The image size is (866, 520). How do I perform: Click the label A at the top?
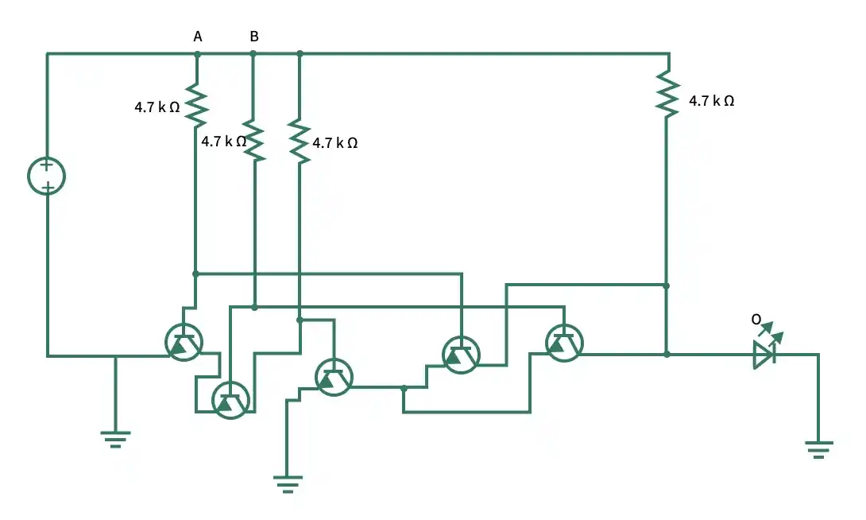point(198,37)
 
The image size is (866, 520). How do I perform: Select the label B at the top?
point(254,37)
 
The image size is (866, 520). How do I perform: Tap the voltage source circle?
point(46,177)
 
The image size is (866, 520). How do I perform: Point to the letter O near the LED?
point(756,320)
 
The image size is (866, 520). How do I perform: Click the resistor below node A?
point(196,105)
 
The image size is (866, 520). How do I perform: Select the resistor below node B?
point(254,141)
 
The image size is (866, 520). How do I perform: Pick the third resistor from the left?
point(300,142)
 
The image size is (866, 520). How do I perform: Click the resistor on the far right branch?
point(667,95)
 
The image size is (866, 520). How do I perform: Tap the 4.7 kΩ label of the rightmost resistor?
point(711,100)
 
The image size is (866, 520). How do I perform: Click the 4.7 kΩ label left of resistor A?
point(157,107)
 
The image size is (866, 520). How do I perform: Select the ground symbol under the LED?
point(818,449)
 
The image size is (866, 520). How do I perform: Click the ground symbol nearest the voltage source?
point(115,439)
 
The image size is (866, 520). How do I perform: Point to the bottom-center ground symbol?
point(288,483)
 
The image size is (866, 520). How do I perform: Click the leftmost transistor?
point(184,342)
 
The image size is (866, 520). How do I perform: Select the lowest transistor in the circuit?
point(231,400)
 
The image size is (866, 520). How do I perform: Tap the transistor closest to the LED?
point(564,343)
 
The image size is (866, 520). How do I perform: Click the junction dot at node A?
point(197,54)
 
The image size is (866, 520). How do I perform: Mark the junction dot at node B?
point(253,53)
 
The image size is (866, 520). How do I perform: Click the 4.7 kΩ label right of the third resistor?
point(335,143)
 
